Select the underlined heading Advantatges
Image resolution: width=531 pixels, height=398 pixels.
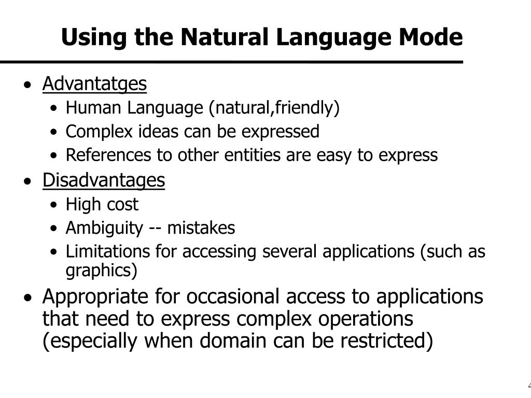(94, 84)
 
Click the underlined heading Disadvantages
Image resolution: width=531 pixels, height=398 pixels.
(104, 180)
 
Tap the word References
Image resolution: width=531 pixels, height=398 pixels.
(108, 155)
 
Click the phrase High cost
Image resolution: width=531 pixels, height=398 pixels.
(102, 204)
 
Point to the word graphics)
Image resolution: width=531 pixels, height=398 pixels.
(101, 271)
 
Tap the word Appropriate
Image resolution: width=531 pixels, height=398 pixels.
(95, 297)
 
